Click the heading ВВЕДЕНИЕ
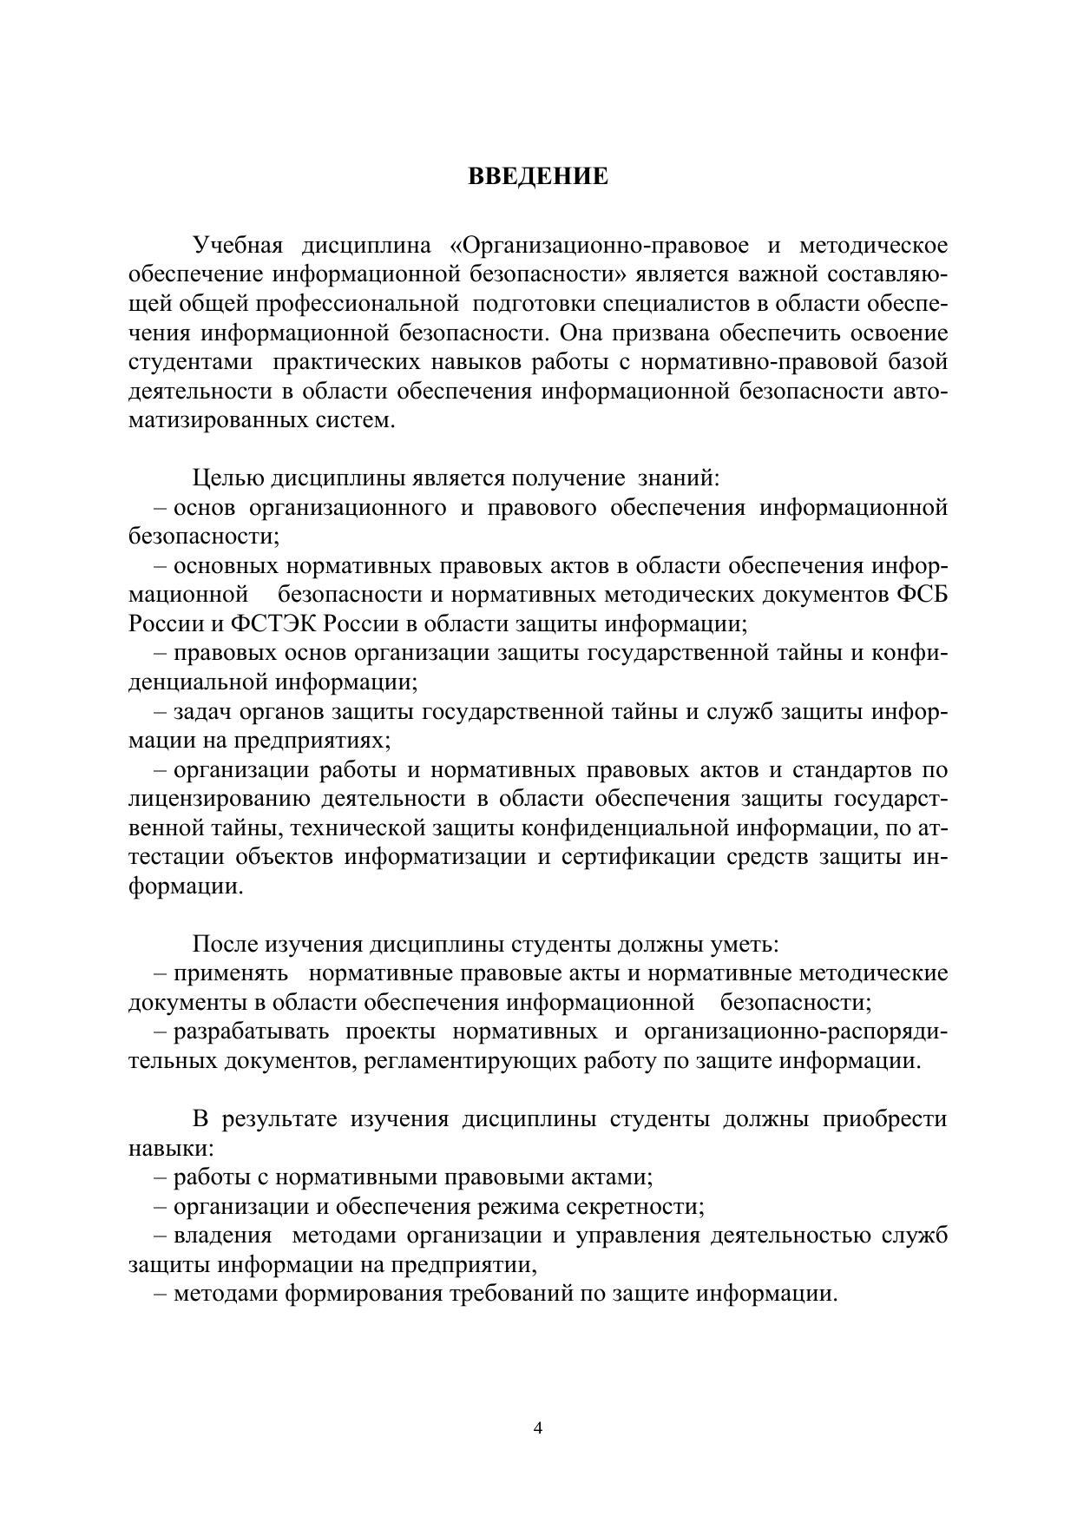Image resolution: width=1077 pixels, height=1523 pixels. pos(538,177)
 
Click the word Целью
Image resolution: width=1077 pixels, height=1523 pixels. pos(228,478)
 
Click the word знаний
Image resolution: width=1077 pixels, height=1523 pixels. pos(678,478)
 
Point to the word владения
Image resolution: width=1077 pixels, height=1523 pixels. pos(223,1236)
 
